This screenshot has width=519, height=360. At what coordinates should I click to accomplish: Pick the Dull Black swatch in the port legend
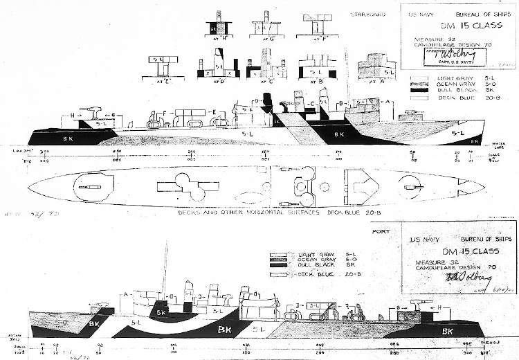278,265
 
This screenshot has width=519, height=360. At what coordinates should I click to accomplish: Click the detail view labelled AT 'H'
219,28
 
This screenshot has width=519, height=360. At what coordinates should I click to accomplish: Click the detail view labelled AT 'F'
319,25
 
